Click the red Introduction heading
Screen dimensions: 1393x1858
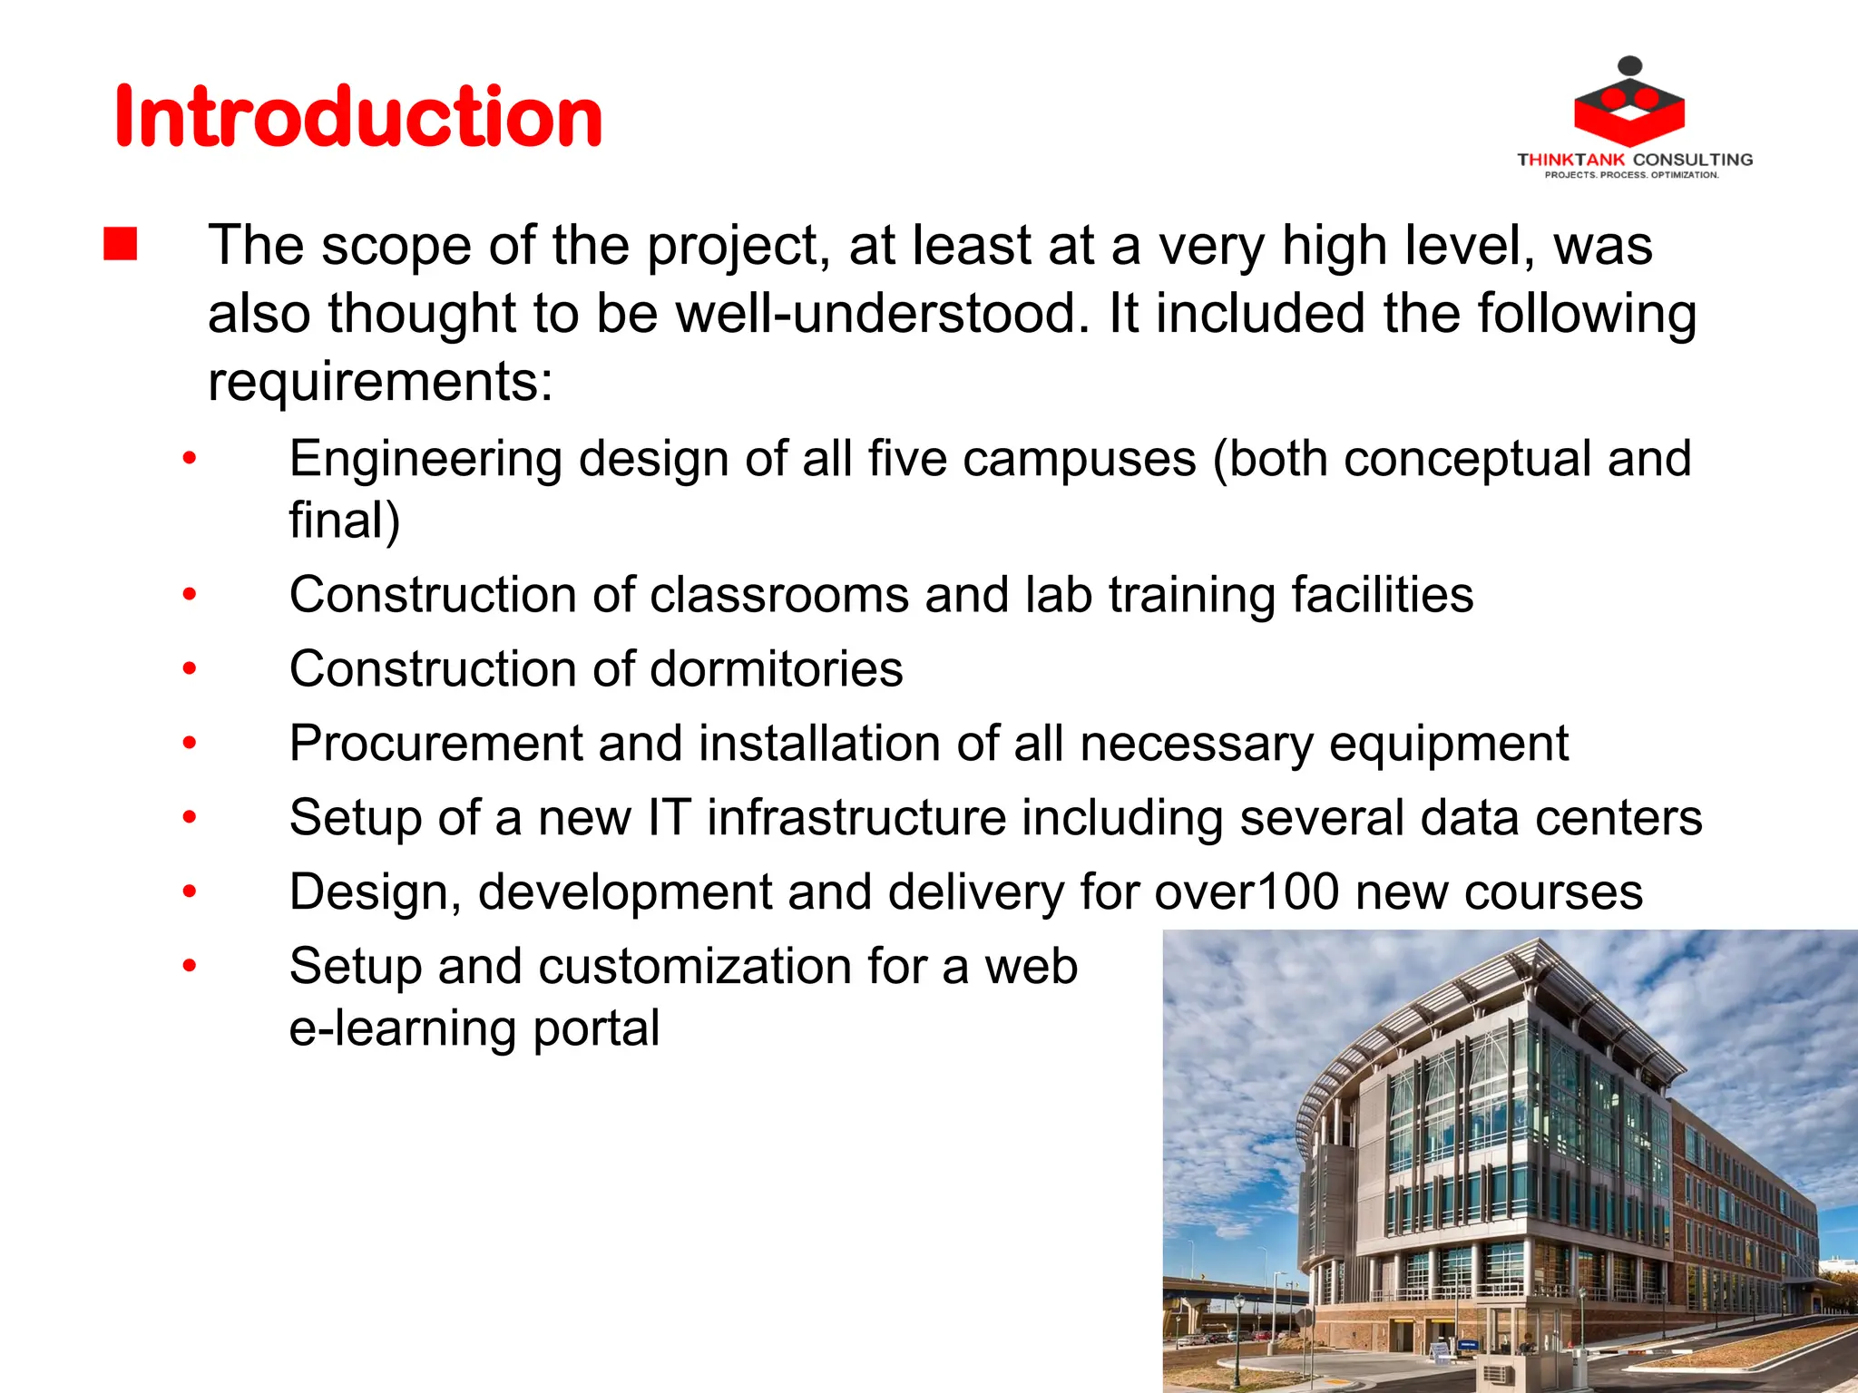point(358,117)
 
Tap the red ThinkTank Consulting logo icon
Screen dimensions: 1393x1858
point(1629,104)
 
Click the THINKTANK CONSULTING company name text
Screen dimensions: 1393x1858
point(1635,160)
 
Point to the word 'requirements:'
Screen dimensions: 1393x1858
point(380,381)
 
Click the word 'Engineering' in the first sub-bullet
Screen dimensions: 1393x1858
point(425,459)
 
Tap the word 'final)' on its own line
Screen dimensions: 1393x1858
point(345,521)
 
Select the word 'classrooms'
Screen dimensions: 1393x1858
point(779,595)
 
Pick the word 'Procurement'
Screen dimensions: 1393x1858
point(435,744)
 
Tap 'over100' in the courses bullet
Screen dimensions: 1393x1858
point(1247,892)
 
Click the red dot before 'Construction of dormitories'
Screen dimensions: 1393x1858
point(189,669)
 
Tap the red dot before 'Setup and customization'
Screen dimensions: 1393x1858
point(189,966)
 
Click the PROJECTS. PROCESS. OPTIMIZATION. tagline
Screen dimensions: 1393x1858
point(1631,175)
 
